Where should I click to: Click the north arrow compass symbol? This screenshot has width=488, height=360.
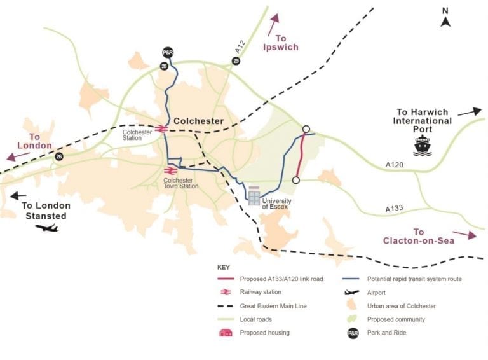pyautogui.click(x=445, y=22)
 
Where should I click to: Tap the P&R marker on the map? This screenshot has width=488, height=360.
pyautogui.click(x=168, y=52)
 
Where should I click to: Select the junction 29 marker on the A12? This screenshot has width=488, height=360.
pyautogui.click(x=236, y=60)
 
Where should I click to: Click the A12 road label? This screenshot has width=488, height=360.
pyautogui.click(x=240, y=46)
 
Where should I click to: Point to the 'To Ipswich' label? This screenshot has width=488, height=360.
pyautogui.click(x=281, y=43)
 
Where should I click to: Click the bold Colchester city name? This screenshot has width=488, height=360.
pyautogui.click(x=198, y=121)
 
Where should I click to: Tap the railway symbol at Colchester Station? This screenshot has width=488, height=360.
pyautogui.click(x=161, y=128)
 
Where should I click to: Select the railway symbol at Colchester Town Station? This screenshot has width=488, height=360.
pyautogui.click(x=171, y=170)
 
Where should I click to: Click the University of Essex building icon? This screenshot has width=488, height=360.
pyautogui.click(x=254, y=196)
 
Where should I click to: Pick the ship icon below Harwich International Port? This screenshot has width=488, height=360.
pyautogui.click(x=423, y=145)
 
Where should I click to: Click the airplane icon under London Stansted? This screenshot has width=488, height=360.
pyautogui.click(x=46, y=228)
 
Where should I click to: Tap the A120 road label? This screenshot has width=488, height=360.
pyautogui.click(x=395, y=165)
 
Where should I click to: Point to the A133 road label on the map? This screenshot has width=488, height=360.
pyautogui.click(x=394, y=209)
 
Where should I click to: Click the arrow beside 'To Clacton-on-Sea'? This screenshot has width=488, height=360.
pyautogui.click(x=464, y=235)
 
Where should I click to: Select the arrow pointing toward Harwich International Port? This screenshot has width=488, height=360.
pyautogui.click(x=470, y=112)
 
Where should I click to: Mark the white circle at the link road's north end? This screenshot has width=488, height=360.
pyautogui.click(x=306, y=129)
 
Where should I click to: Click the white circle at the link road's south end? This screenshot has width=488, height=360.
pyautogui.click(x=296, y=180)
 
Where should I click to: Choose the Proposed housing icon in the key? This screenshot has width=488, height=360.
pyautogui.click(x=226, y=333)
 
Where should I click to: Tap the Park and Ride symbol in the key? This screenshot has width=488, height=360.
pyautogui.click(x=353, y=333)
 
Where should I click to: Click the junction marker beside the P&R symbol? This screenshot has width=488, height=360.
pyautogui.click(x=164, y=66)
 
